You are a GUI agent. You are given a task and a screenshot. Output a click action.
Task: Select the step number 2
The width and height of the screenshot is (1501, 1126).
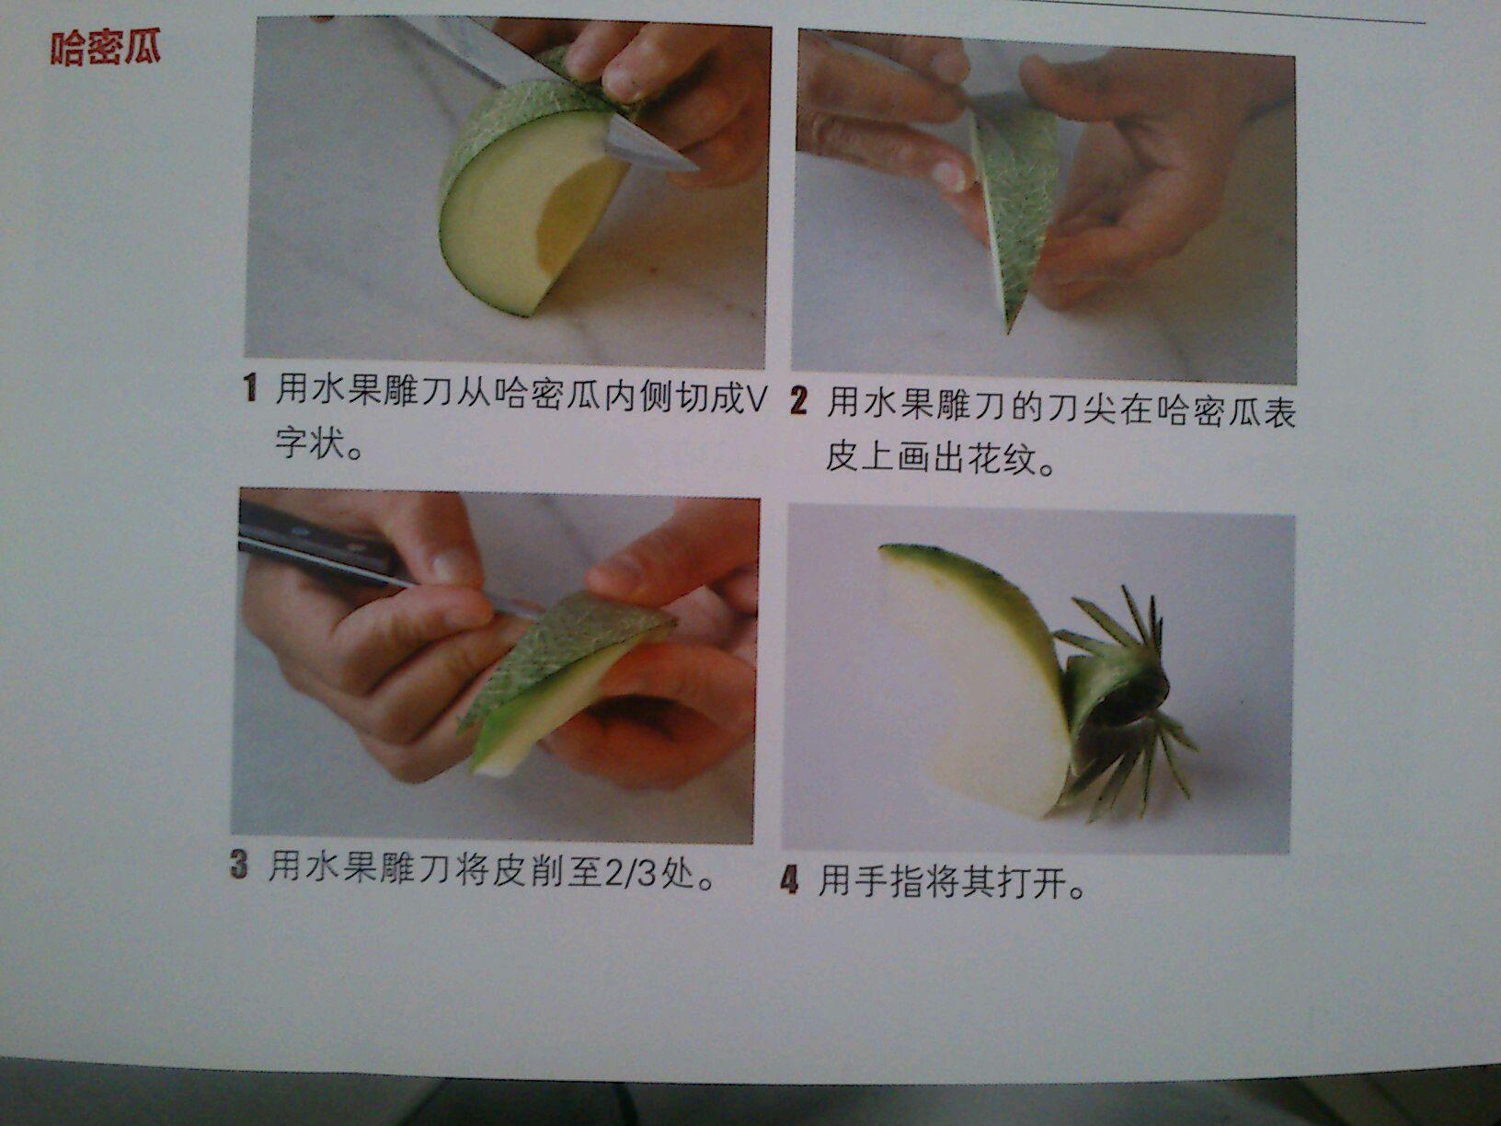click(798, 401)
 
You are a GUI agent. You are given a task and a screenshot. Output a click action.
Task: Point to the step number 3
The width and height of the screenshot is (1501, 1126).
click(238, 865)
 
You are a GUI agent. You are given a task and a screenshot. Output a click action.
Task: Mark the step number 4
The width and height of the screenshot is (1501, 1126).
click(789, 880)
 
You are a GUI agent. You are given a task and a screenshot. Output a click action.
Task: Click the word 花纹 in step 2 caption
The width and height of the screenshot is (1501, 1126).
click(1003, 459)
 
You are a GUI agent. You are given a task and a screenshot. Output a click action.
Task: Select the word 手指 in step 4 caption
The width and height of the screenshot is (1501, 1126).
click(890, 882)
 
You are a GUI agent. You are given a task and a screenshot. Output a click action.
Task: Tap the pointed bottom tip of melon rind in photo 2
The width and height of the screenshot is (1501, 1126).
click(1008, 329)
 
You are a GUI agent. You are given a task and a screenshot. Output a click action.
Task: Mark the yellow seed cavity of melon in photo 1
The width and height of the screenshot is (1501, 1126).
click(575, 209)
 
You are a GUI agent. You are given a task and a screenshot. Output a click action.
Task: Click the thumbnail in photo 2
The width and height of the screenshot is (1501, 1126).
click(952, 176)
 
